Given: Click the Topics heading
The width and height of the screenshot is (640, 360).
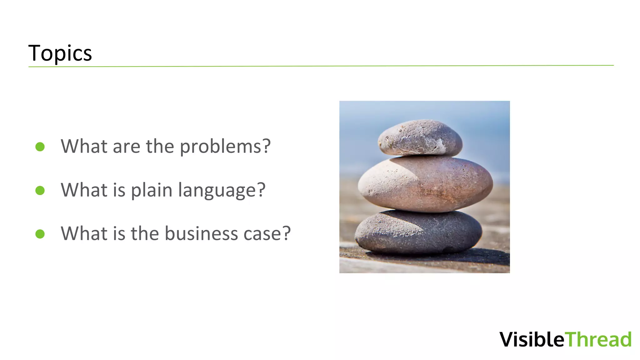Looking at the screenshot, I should (60, 53).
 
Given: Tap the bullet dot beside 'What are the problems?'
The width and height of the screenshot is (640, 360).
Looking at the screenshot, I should (40, 147).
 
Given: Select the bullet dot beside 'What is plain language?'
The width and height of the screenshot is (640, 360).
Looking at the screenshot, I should (40, 190).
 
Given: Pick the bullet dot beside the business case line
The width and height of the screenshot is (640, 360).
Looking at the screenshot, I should (40, 234).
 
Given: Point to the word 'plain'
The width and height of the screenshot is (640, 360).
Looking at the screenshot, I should (152, 190).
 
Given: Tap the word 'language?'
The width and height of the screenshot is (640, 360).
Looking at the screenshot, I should (222, 190).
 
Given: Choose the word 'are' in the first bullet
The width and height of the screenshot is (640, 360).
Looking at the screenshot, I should (126, 147).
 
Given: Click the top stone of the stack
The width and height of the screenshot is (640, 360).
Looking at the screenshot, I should (420, 137).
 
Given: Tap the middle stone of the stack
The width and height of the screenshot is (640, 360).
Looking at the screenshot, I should (425, 184).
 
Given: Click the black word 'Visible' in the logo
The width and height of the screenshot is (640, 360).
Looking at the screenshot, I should (532, 339).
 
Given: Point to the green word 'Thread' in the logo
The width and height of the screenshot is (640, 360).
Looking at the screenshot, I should (599, 339).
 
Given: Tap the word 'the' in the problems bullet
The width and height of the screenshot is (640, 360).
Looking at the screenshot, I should (160, 147).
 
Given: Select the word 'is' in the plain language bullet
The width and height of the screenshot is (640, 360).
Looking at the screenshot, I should (119, 190).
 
